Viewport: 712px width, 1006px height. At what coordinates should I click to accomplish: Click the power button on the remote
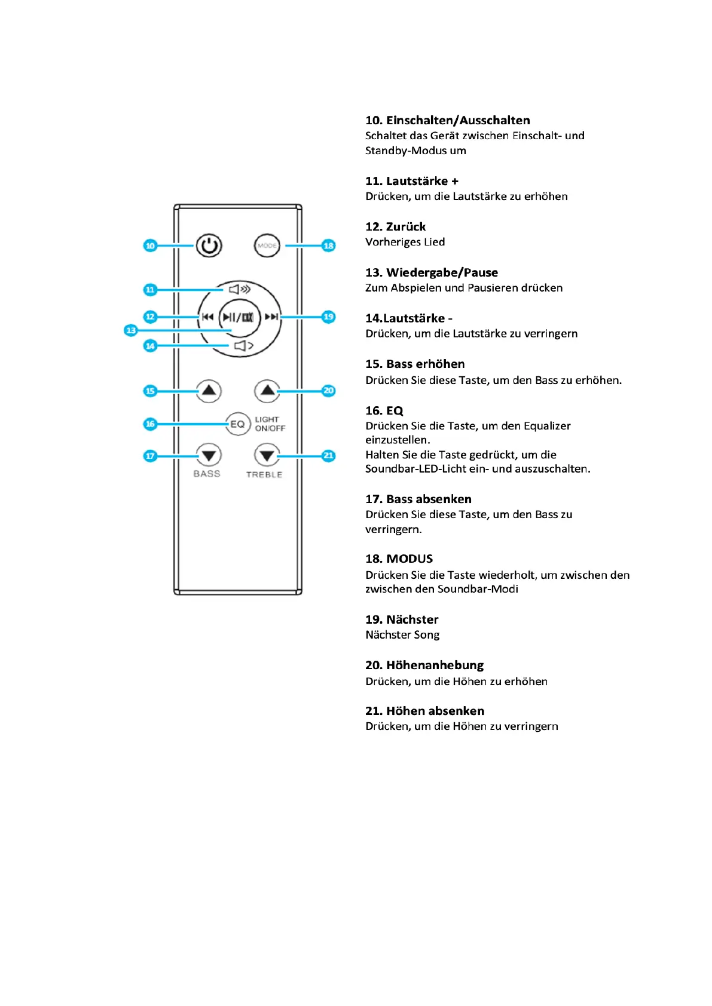209,246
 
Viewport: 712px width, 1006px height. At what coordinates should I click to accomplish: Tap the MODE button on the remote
267,246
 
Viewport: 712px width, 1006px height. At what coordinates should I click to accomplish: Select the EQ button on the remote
237,424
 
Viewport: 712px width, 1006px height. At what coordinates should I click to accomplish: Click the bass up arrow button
209,391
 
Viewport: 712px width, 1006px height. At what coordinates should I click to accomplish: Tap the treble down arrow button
267,456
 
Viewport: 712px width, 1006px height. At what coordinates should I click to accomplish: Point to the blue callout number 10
150,246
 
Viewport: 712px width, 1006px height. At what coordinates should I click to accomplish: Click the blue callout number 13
131,330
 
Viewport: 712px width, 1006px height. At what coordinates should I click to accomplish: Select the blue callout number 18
328,246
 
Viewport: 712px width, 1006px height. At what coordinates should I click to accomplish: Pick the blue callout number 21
328,456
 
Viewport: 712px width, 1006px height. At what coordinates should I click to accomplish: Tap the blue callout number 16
150,424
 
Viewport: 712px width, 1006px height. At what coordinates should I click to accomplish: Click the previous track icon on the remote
207,317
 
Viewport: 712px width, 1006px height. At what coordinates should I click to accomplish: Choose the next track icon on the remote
271,317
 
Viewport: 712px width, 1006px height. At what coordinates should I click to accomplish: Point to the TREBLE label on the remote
264,475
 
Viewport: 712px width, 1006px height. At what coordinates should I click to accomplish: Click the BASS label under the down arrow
207,474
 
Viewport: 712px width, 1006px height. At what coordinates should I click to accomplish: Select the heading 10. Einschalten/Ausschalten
447,121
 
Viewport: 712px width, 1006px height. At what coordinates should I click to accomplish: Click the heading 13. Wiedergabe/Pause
431,273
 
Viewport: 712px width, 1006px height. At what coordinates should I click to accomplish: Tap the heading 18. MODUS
399,559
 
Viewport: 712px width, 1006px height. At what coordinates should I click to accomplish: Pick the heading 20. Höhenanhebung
424,665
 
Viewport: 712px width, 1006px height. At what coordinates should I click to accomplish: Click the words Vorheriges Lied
405,242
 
